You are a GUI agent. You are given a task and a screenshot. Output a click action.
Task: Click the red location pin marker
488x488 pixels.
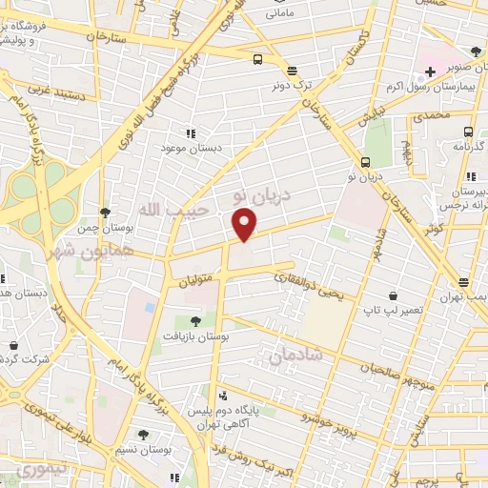pyautogui.click(x=246, y=224)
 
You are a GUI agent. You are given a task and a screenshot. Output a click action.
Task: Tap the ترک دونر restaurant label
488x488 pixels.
pyautogui.click(x=291, y=85)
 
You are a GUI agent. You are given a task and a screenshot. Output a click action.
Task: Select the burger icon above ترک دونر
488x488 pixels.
pyautogui.click(x=292, y=70)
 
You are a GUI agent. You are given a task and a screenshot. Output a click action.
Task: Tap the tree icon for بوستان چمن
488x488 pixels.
pyautogui.click(x=104, y=212)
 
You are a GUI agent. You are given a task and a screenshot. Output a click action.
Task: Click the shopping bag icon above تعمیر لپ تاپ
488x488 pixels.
pyautogui.click(x=392, y=296)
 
